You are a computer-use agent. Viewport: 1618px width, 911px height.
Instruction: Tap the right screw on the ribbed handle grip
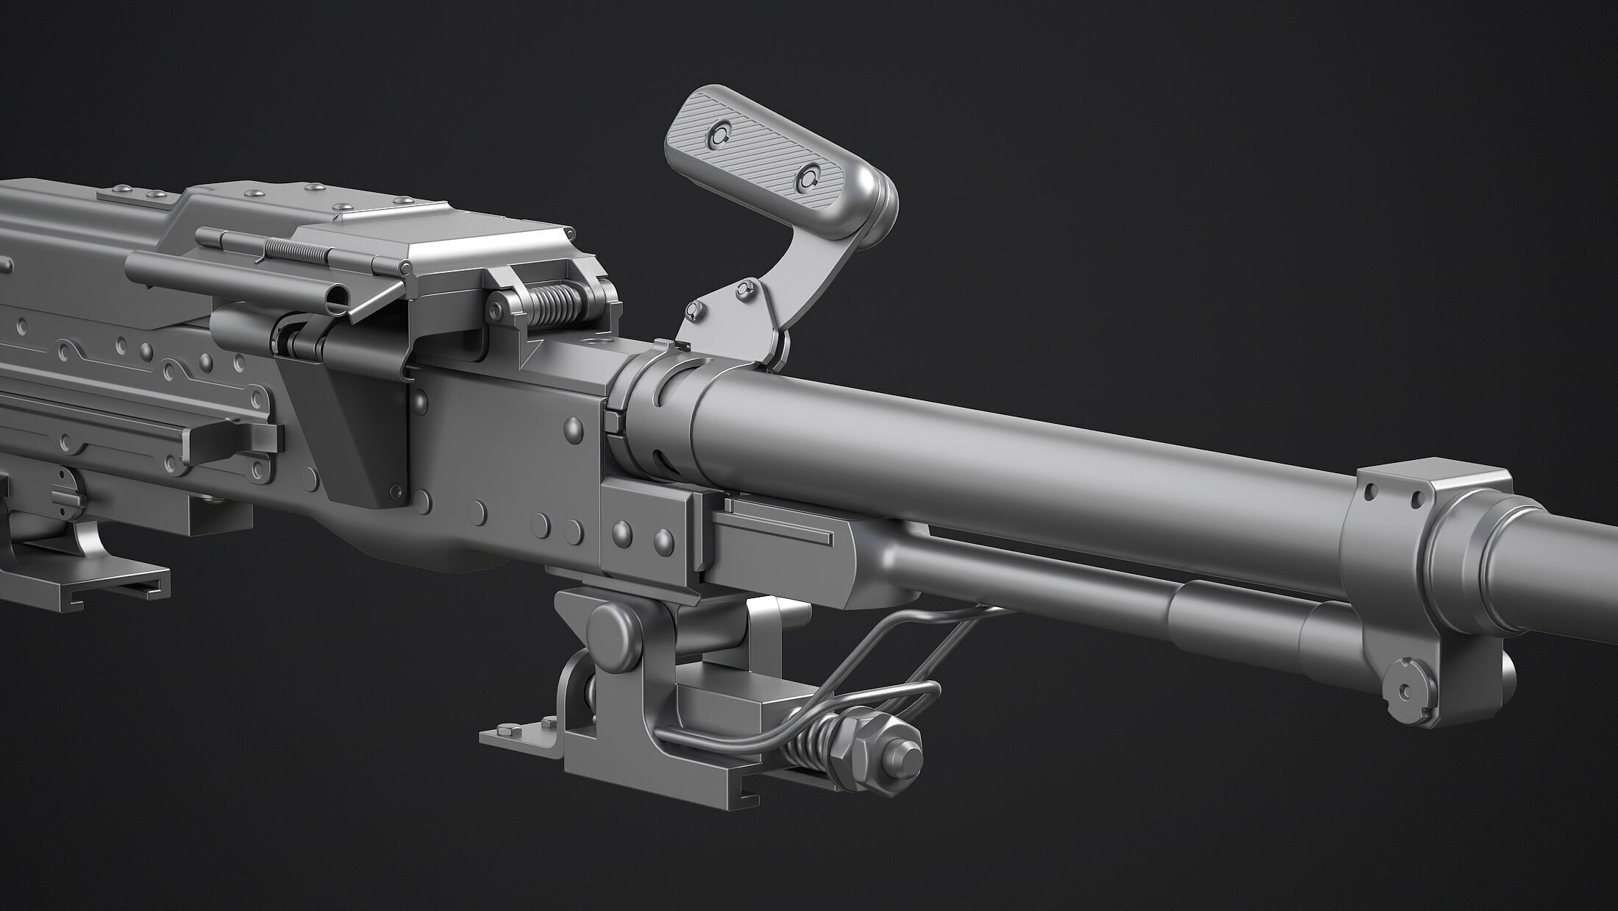[810, 175]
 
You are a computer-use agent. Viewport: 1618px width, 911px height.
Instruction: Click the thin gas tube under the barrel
[1030, 581]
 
